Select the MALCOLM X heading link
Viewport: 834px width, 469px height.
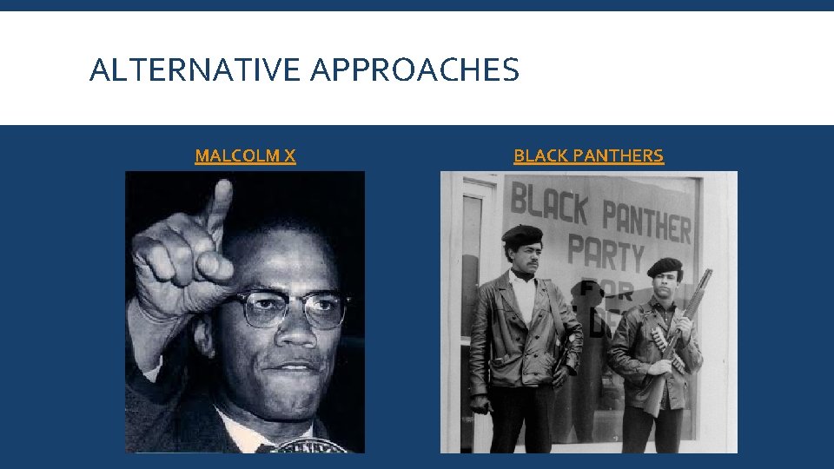coord(245,156)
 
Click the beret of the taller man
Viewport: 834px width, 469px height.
coord(522,234)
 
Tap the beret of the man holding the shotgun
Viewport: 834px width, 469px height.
coord(665,267)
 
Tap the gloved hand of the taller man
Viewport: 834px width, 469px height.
coord(480,403)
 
